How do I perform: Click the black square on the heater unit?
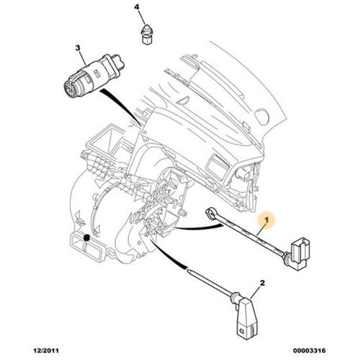(x=86, y=238)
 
